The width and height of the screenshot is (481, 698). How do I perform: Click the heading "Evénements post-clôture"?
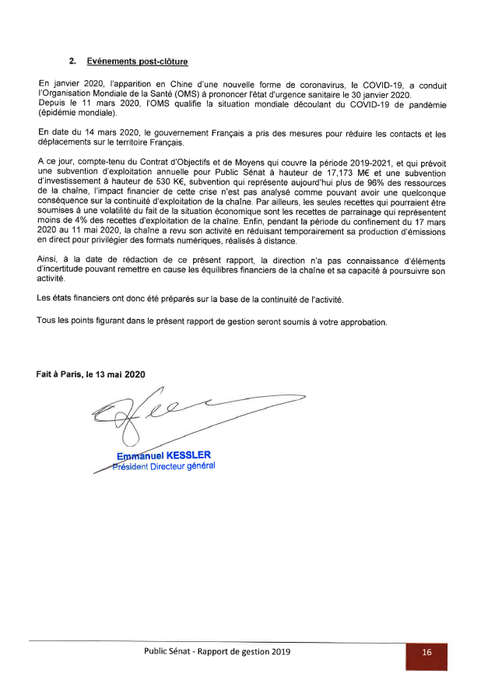pos(138,61)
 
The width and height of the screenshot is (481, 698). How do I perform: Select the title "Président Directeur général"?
pos(163,466)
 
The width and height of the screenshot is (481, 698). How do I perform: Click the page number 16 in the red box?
pos(427,653)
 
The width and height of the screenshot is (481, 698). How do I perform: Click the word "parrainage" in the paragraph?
pos(349,210)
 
